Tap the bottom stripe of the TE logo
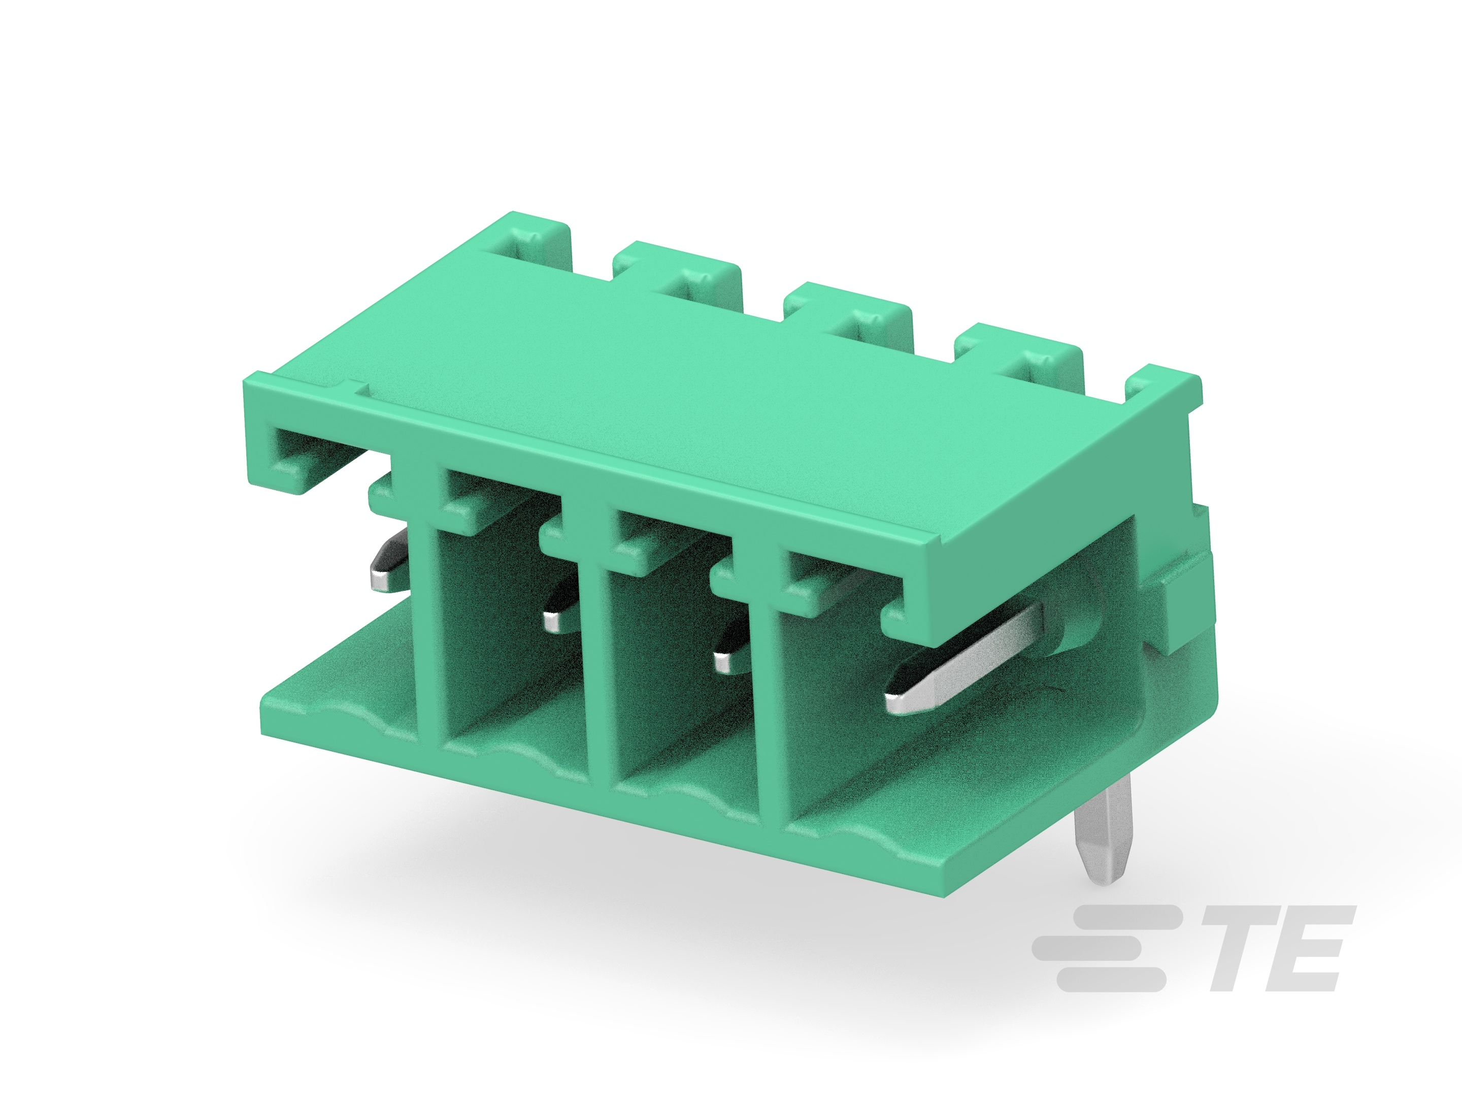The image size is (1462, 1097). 1110,979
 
